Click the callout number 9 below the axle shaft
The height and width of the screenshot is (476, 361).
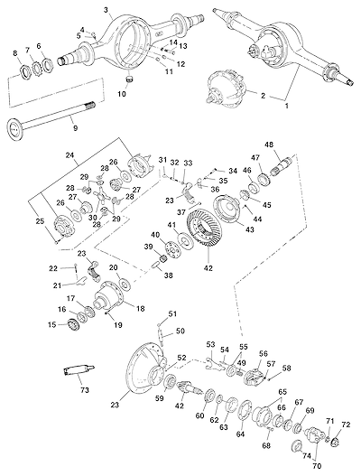[x=75, y=128]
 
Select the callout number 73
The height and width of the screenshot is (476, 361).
[x=85, y=389]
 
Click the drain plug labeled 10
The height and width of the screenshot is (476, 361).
[x=130, y=80]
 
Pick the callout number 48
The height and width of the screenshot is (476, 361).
[x=269, y=145]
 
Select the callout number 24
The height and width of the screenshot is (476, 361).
[x=70, y=154]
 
